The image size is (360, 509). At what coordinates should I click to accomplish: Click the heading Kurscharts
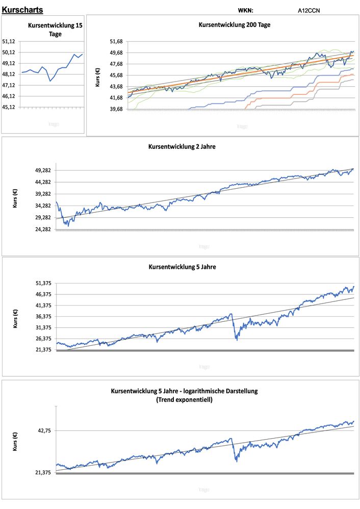pyautogui.click(x=22, y=10)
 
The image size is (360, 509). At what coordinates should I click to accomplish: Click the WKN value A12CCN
pyautogui.click(x=309, y=10)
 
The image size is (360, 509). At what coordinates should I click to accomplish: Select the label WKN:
pyautogui.click(x=245, y=10)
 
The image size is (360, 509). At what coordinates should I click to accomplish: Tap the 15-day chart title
pyautogui.click(x=55, y=30)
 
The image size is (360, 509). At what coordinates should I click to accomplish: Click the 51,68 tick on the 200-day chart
pyautogui.click(x=118, y=41)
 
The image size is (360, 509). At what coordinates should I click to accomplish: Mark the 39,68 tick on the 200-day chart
pyautogui.click(x=118, y=109)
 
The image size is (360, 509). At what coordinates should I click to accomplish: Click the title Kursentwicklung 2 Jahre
pyautogui.click(x=182, y=146)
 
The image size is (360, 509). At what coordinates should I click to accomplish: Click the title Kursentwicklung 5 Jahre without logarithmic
pyautogui.click(x=182, y=266)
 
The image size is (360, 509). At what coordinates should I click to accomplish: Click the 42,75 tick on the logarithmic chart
pyautogui.click(x=43, y=430)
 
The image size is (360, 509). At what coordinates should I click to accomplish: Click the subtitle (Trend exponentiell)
pyautogui.click(x=184, y=400)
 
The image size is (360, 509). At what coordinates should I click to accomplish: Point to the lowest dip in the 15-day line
pyautogui.click(x=50, y=81)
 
